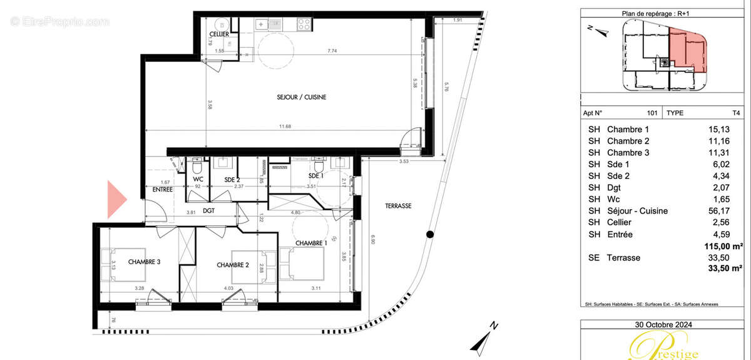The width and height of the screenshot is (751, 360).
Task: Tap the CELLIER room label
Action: pos(218,34)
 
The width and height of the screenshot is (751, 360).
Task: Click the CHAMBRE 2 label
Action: pos(233,265)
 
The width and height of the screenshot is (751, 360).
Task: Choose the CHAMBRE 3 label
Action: pos(145,261)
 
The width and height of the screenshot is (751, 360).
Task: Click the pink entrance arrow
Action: pos(116,199)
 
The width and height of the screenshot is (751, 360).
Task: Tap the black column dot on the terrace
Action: pos(429,235)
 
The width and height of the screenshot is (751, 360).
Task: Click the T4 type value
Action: pos(736,113)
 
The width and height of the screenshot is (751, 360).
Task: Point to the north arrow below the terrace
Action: pos(483,338)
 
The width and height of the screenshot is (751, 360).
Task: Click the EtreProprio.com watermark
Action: pos(59,21)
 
